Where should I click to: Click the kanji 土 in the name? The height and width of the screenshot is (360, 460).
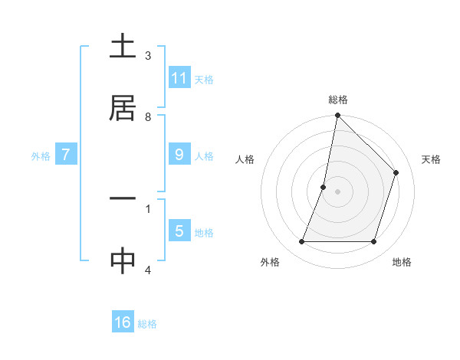point(123,47)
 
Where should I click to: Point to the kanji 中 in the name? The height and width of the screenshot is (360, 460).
point(123,261)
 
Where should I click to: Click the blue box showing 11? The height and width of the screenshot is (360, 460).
point(179,78)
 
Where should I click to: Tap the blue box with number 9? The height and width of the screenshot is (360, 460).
point(179,155)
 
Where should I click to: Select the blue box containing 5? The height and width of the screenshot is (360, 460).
point(179,231)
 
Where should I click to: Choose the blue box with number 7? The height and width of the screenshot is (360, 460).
point(66,155)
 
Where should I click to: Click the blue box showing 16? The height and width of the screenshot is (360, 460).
point(123,322)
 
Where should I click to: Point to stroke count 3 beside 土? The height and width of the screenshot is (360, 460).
point(148,56)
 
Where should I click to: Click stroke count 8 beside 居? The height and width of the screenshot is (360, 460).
point(148,117)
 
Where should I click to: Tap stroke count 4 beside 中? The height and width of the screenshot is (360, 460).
point(148,270)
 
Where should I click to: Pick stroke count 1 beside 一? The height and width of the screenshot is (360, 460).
point(148,208)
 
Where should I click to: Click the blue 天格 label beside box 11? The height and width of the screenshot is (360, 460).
point(204,79)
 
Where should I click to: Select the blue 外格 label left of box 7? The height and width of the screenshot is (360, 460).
point(41,155)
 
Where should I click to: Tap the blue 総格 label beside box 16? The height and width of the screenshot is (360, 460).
point(147,323)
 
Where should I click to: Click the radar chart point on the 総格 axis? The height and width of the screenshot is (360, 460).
point(337,116)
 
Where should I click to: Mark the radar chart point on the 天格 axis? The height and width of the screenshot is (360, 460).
point(396,172)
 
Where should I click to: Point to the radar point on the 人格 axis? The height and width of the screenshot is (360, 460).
point(324,187)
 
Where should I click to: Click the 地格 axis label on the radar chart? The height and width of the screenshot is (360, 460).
point(402,262)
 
